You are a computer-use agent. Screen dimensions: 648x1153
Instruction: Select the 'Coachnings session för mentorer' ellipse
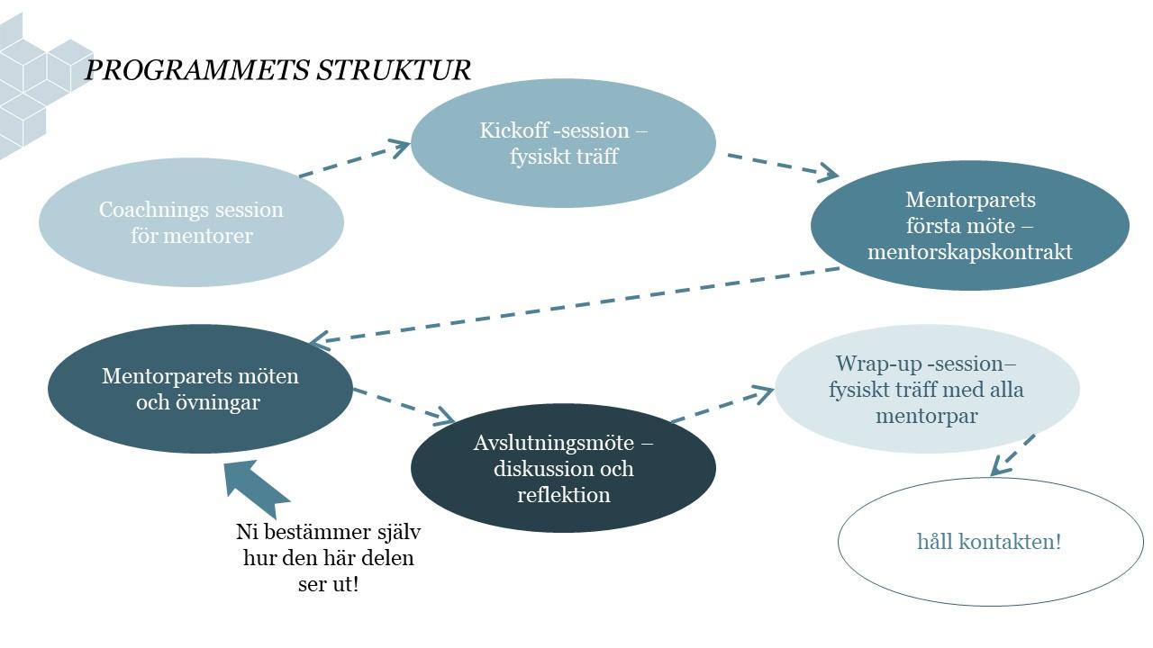(191, 222)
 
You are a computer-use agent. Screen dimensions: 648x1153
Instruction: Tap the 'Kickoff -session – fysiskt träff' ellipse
(563, 143)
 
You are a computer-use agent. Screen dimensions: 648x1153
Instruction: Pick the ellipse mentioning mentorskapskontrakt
(969, 226)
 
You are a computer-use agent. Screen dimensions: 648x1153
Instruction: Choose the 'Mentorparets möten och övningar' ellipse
(199, 389)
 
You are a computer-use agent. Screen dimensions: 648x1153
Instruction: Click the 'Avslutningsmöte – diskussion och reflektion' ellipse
(563, 468)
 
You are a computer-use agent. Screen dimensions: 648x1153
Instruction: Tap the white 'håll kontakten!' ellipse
(990, 542)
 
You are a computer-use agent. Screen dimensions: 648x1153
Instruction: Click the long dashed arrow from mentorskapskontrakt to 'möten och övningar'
(576, 305)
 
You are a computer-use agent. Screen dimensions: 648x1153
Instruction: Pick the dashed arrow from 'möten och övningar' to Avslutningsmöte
(403, 405)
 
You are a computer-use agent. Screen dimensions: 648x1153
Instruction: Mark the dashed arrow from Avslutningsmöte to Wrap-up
(722, 405)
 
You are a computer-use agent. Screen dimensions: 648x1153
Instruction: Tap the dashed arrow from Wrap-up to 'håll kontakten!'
(1012, 455)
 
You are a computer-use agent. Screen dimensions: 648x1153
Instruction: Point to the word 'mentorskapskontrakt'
(970, 252)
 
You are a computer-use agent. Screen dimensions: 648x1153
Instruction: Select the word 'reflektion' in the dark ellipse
(563, 495)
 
